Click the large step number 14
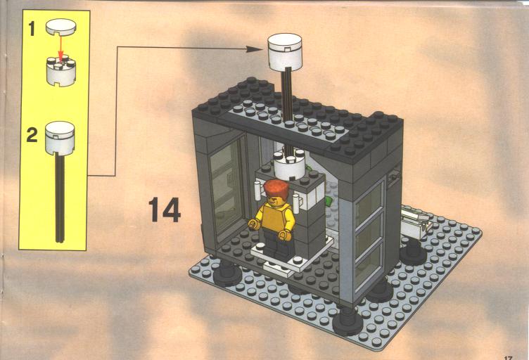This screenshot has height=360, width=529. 165,210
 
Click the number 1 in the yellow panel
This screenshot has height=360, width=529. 32,28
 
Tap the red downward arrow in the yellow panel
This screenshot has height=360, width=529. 60,48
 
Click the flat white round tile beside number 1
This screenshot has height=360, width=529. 61,27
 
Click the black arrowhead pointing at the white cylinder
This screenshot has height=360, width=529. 255,49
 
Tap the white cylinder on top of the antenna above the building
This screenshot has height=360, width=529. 285,52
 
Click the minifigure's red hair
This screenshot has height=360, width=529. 276,189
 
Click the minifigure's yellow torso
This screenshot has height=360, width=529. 274,218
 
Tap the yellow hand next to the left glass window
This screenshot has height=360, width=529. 253,224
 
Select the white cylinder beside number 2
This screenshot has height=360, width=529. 60,139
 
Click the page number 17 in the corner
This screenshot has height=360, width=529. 509,358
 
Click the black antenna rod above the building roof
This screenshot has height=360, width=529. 288,94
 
